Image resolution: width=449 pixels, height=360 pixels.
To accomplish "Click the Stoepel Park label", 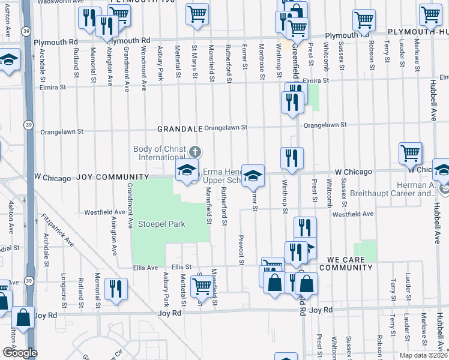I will (161, 224).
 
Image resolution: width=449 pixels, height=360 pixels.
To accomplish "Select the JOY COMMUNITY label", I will (112, 178).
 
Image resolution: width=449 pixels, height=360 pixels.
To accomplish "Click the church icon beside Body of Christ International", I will (194, 151).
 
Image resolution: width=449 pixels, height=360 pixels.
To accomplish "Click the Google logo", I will (19, 353).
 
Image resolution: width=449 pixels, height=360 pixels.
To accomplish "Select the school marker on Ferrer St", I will (253, 175).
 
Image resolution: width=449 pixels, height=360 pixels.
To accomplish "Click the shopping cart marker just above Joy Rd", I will (202, 287).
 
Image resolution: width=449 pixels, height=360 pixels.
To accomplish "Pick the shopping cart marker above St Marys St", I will (197, 14).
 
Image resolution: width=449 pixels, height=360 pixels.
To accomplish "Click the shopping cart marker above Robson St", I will (364, 20).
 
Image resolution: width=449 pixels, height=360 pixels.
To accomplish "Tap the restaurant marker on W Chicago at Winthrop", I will (292, 158).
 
